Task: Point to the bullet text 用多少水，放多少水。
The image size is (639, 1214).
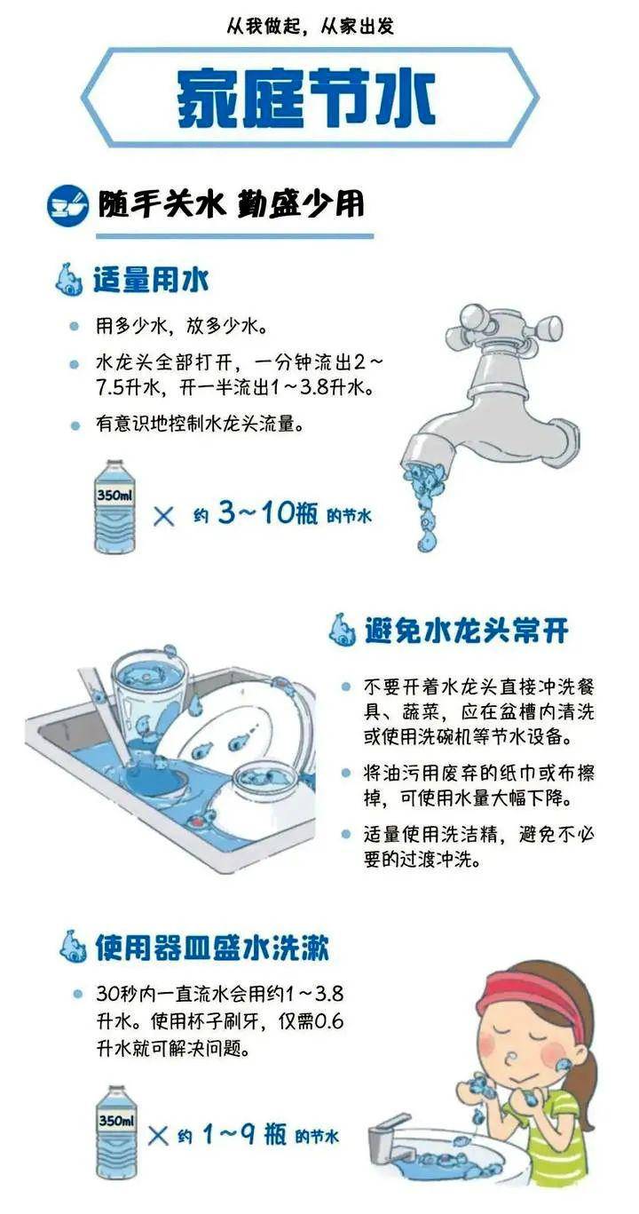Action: (x=182, y=326)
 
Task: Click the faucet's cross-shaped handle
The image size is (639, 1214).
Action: (x=503, y=326)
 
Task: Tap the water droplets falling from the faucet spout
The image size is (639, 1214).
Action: (x=424, y=506)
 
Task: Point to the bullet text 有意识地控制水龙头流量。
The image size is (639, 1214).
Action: (x=201, y=425)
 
